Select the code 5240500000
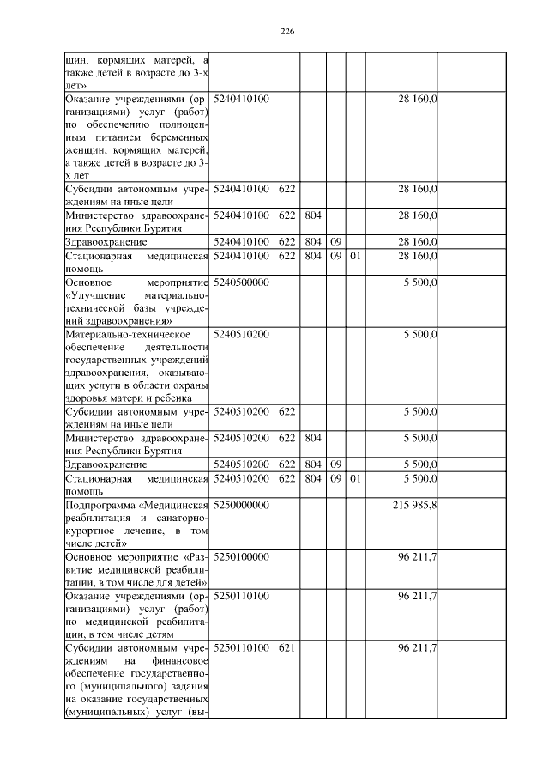241,282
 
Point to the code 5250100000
241,557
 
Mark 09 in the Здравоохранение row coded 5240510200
335,464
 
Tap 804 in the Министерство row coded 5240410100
312,216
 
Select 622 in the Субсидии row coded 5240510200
287,412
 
